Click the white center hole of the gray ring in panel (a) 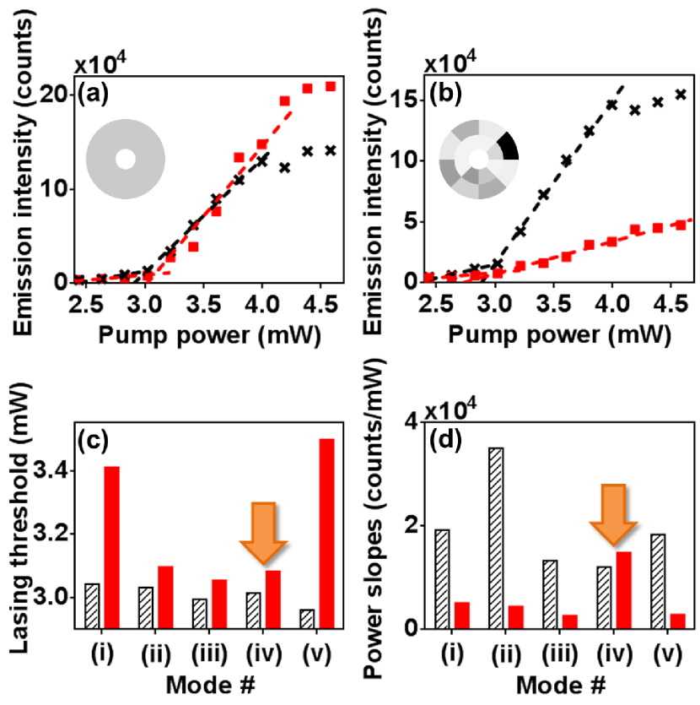click(x=125, y=160)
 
